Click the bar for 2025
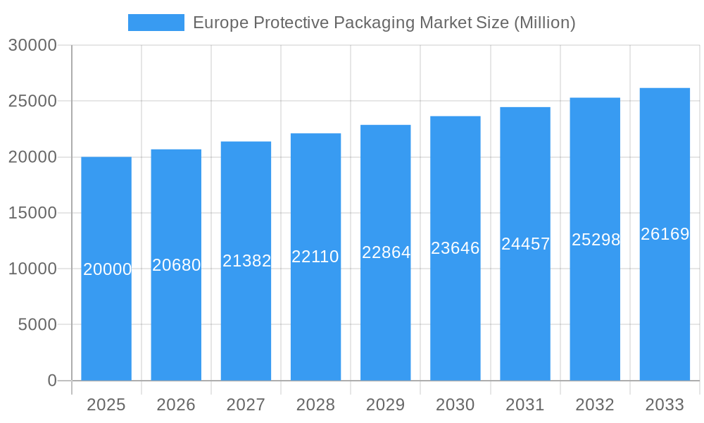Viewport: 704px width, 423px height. point(106,317)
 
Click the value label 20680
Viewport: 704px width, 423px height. point(177,265)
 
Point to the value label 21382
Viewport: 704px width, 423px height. point(246,261)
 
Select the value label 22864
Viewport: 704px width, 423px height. point(386,252)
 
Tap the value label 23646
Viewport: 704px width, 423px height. point(455,248)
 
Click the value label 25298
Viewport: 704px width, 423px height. point(596,240)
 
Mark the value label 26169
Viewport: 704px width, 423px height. point(665,234)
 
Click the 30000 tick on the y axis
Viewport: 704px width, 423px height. point(32,45)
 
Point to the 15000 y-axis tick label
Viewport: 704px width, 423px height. point(32,213)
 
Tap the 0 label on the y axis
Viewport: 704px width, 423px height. point(52,381)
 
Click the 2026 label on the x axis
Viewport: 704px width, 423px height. point(176,405)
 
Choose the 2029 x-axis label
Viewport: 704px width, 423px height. point(386,405)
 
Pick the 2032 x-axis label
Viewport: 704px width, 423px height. point(595,405)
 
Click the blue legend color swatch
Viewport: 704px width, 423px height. point(156,23)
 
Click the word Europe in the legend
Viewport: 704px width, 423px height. point(220,23)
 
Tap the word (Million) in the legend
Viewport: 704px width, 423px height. point(544,23)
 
